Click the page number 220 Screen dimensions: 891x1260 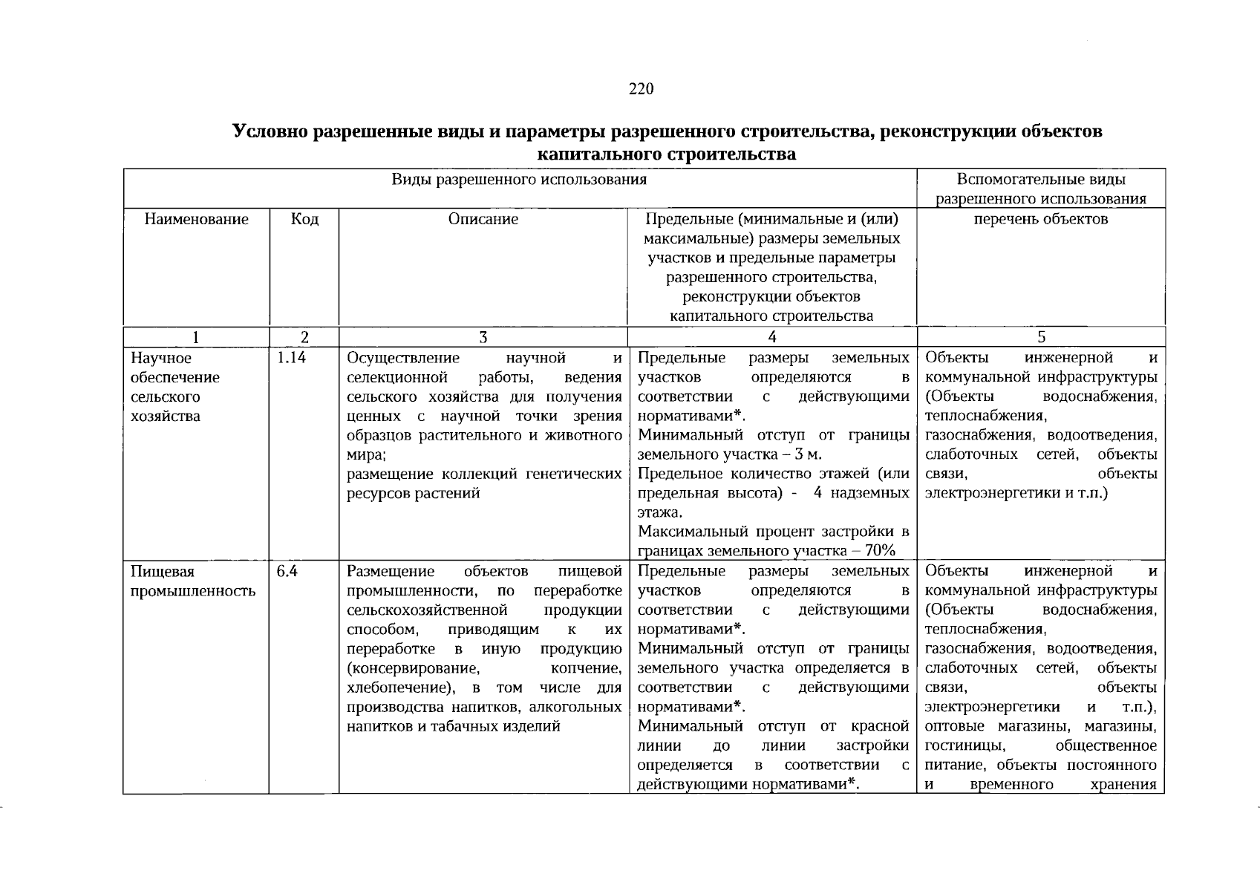click(x=641, y=89)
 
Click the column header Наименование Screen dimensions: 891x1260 click(x=196, y=219)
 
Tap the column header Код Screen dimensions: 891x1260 click(x=304, y=219)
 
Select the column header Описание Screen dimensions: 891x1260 click(x=483, y=219)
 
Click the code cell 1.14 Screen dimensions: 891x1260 click(x=291, y=359)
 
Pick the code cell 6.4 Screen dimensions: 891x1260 click(x=287, y=572)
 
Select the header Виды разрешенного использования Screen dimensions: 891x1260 click(x=520, y=180)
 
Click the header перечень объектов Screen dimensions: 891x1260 click(x=1041, y=219)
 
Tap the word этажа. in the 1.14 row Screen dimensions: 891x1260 click(x=660, y=513)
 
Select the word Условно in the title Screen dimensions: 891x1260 click(x=270, y=132)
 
